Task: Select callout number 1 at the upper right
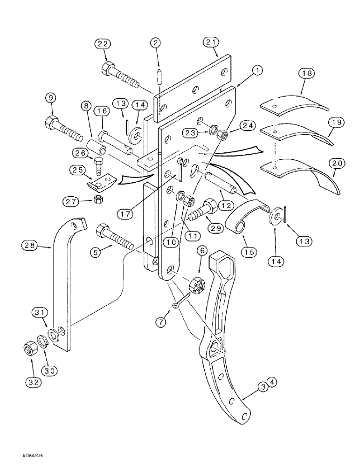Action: pos(256,71)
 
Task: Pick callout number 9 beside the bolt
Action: pos(51,98)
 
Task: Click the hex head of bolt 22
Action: pos(106,66)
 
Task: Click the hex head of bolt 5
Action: pos(103,230)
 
